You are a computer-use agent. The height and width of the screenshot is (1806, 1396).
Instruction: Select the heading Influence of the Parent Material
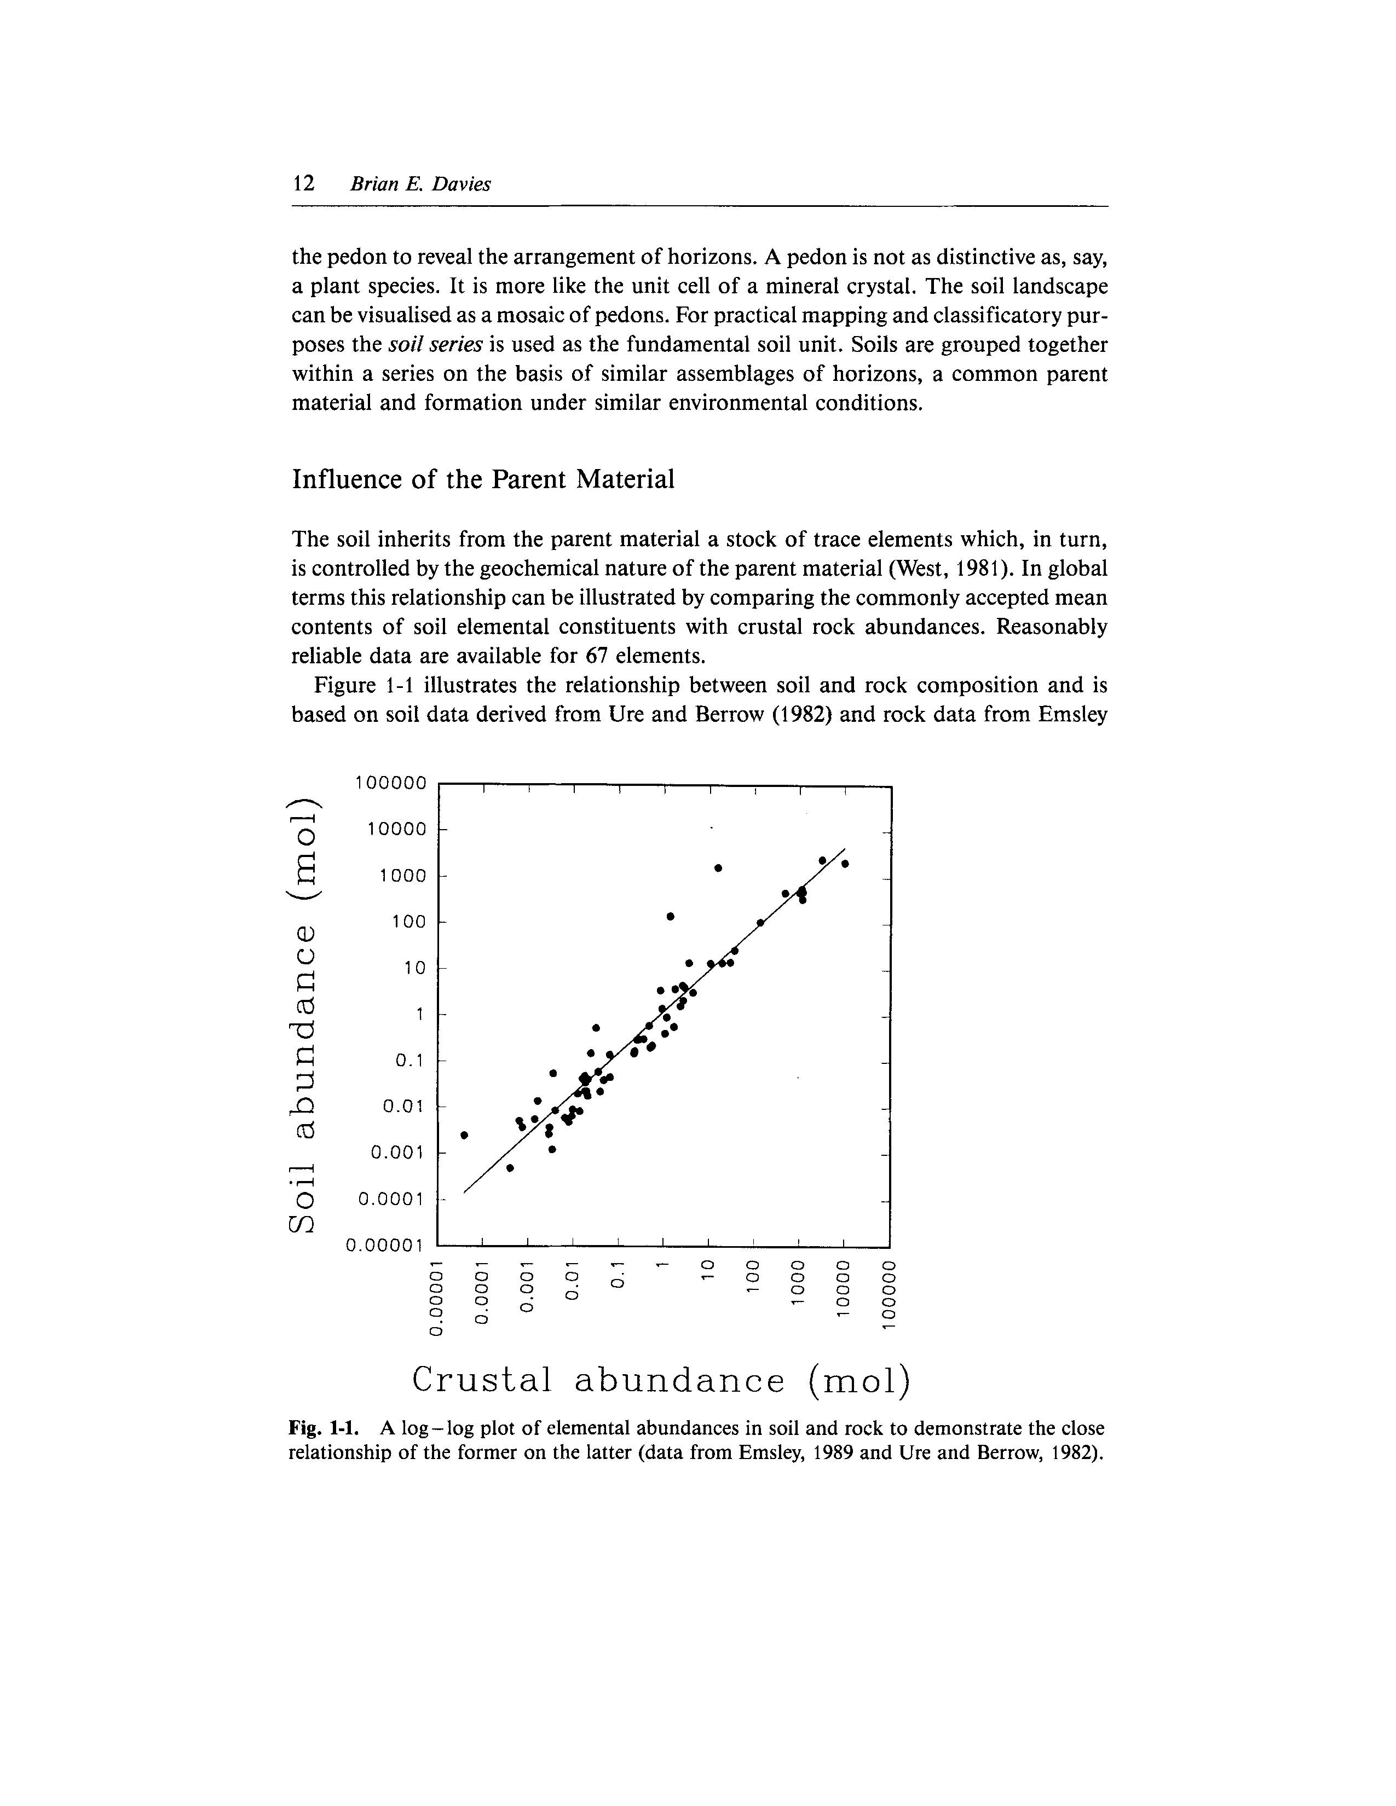pos(483,479)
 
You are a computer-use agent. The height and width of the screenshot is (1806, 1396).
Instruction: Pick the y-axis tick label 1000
pos(402,876)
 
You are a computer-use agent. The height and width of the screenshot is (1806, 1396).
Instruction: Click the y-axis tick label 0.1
pos(408,1061)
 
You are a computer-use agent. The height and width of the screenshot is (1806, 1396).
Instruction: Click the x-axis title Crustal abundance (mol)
pos(661,1380)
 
